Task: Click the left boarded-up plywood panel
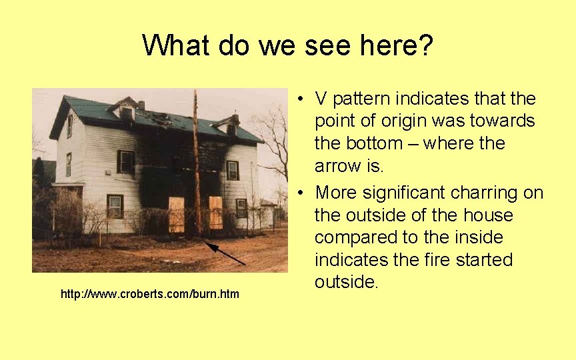177,214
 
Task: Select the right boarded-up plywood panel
215,212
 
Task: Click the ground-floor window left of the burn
115,206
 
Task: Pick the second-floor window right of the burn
232,170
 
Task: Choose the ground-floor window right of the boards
241,208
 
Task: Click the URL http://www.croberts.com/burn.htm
149,294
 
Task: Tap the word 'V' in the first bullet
321,99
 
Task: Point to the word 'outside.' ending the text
347,282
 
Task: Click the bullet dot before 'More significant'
302,193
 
